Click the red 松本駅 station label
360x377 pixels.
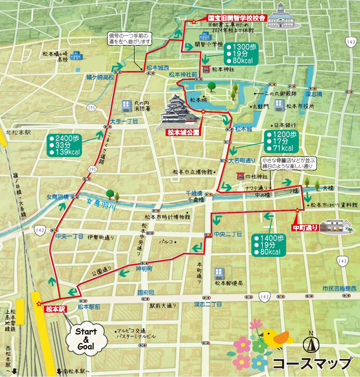[x=55, y=309]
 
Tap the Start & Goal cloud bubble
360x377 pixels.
[x=87, y=339]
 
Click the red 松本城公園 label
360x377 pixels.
[x=183, y=133]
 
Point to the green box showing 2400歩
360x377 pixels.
[x=64, y=145]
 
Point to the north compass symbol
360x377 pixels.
[x=311, y=343]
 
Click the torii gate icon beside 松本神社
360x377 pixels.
[x=207, y=69]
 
